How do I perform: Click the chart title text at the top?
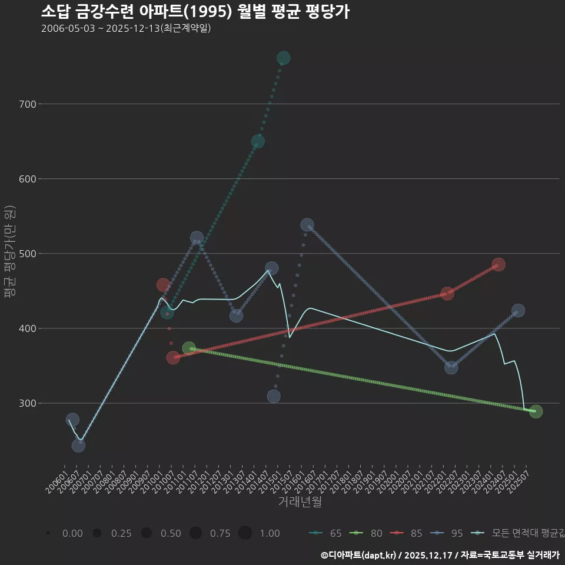click(195, 11)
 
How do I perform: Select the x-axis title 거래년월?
click(300, 502)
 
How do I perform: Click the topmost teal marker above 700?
click(283, 58)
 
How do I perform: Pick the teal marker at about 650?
click(258, 141)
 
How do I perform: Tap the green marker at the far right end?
click(536, 411)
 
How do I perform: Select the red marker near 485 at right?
click(498, 265)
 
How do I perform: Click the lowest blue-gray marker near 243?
click(78, 446)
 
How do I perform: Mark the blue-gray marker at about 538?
click(307, 225)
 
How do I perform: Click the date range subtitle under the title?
click(126, 28)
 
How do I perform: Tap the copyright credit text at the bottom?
click(440, 554)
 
